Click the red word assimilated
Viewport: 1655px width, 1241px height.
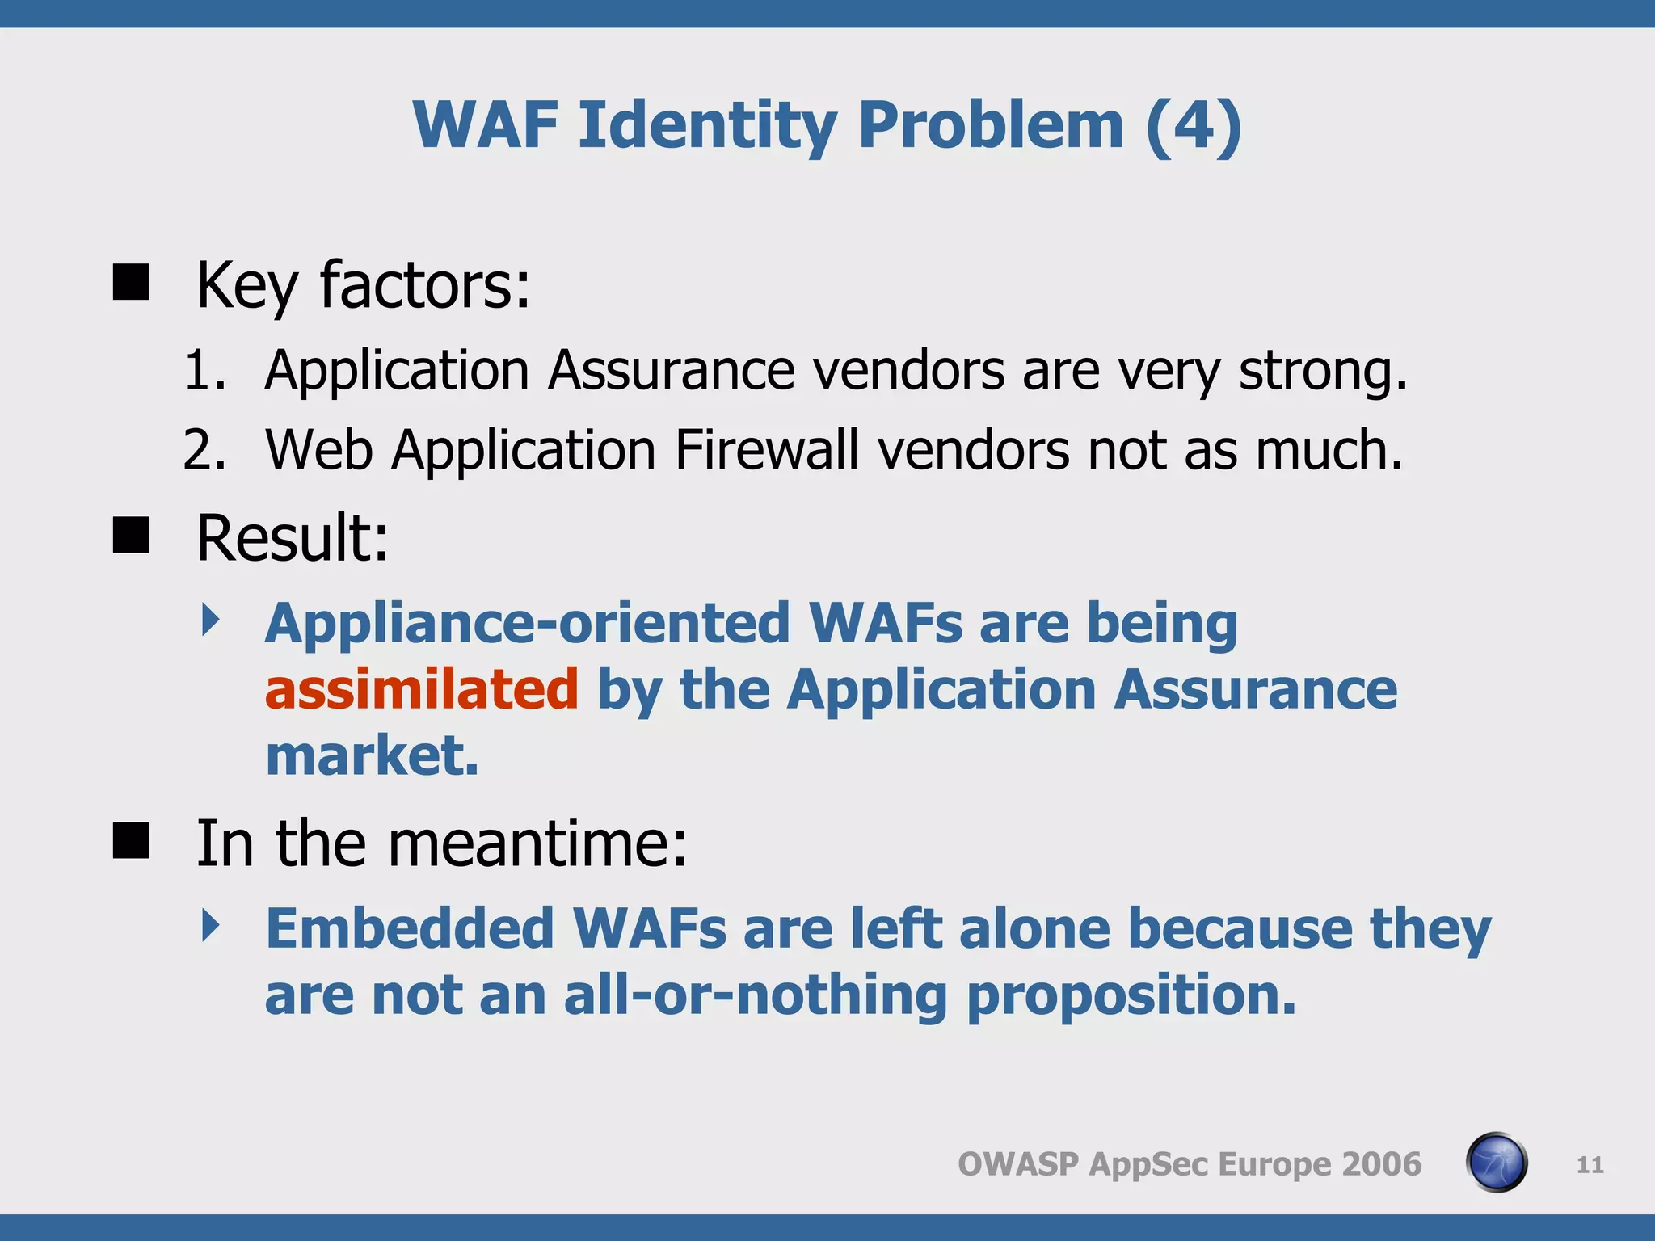point(421,689)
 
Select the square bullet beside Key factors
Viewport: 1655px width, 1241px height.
point(131,283)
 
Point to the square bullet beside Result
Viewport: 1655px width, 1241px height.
point(131,536)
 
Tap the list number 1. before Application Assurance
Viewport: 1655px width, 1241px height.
point(204,371)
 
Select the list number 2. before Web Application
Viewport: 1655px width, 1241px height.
point(204,449)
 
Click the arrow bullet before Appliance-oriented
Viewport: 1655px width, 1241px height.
point(211,620)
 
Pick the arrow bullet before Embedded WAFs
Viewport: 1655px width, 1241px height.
point(211,925)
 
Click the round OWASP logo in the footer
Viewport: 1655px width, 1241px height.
point(1496,1163)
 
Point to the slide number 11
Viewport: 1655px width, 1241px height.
point(1590,1165)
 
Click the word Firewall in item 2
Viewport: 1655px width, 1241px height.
point(766,449)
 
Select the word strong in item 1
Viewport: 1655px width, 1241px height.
point(1322,371)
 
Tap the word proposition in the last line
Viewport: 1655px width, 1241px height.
point(1131,995)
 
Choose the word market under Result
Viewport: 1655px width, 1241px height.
point(372,756)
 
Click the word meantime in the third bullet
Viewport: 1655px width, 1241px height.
point(537,843)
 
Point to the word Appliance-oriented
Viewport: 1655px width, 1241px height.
point(527,623)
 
